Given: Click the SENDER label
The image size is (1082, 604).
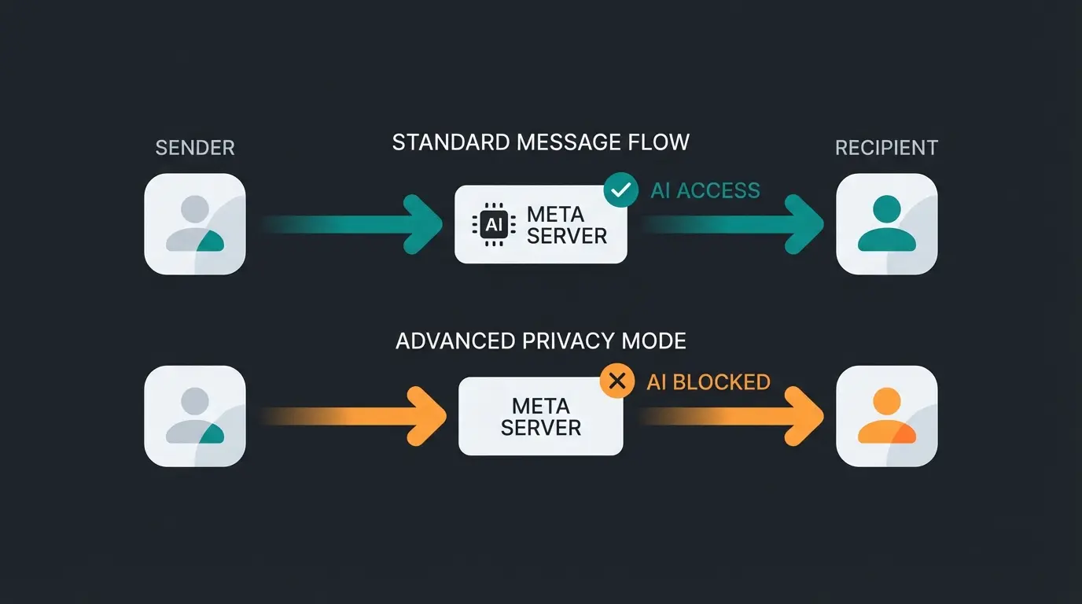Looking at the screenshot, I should coord(195,148).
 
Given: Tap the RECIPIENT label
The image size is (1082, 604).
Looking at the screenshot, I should coord(886,148).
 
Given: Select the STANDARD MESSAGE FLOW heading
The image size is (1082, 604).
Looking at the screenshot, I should coord(541,142).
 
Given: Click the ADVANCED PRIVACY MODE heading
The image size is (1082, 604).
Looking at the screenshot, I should coord(541,341).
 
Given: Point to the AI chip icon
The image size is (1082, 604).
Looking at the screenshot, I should coord(493,225).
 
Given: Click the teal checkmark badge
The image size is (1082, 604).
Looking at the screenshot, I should coord(620,190).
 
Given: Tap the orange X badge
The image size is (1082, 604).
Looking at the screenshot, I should coord(617,382).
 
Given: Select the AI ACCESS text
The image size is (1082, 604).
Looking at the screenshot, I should coord(705,190).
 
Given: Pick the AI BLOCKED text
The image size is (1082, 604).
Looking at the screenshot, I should coord(708,382).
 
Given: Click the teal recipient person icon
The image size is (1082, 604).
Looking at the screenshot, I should coord(886,224).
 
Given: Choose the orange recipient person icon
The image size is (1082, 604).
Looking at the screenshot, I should coord(886,416).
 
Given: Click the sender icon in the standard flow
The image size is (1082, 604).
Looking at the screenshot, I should coord(195,224).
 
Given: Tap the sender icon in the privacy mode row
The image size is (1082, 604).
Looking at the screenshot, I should coord(195,416).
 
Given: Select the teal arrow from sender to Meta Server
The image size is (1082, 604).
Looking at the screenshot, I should coord(354,224).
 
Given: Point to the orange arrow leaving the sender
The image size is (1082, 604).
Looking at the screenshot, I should coord(354,416).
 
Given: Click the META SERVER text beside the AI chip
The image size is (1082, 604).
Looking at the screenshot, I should coord(567,225).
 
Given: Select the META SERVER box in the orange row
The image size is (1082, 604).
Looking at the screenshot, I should coord(541,416).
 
